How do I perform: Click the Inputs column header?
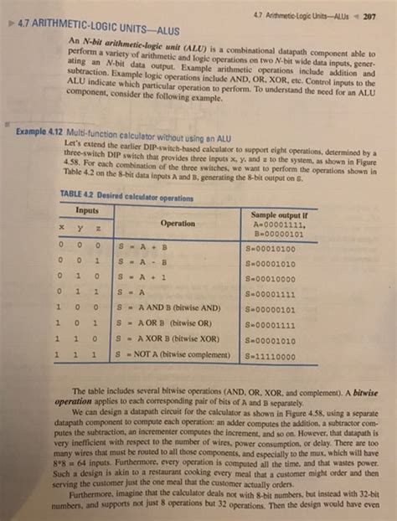(88, 209)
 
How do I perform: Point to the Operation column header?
(178, 223)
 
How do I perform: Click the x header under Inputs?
(64, 226)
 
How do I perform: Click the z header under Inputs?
(100, 226)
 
